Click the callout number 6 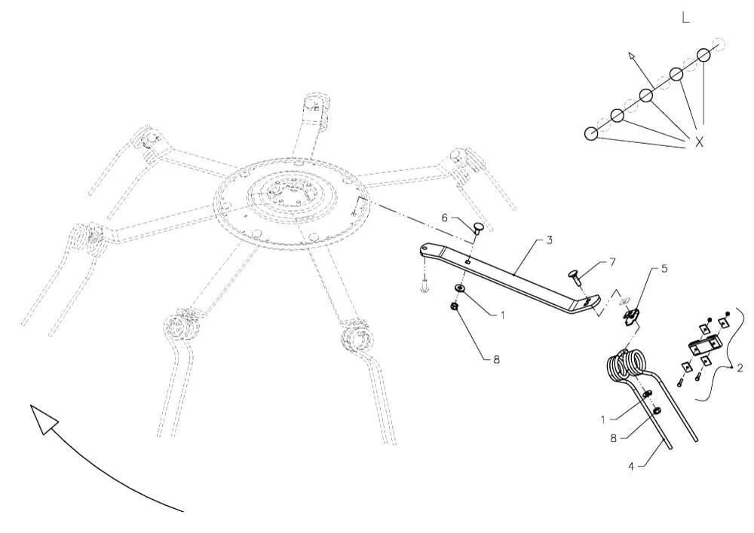pos(444,218)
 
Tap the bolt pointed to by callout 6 pos(477,227)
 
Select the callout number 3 pos(550,239)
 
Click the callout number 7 pos(612,261)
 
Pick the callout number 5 pos(664,268)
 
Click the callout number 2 pos(740,368)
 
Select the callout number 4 pos(631,466)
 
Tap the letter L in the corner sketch pos(685,18)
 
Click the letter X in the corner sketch pos(699,142)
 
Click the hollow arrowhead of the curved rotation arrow pos(42,418)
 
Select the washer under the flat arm pos(460,288)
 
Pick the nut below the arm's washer pos(455,306)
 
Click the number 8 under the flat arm pos(496,359)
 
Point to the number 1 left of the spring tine pos(603,419)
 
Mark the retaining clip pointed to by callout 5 pos(630,317)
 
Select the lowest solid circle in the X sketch pos(591,133)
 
